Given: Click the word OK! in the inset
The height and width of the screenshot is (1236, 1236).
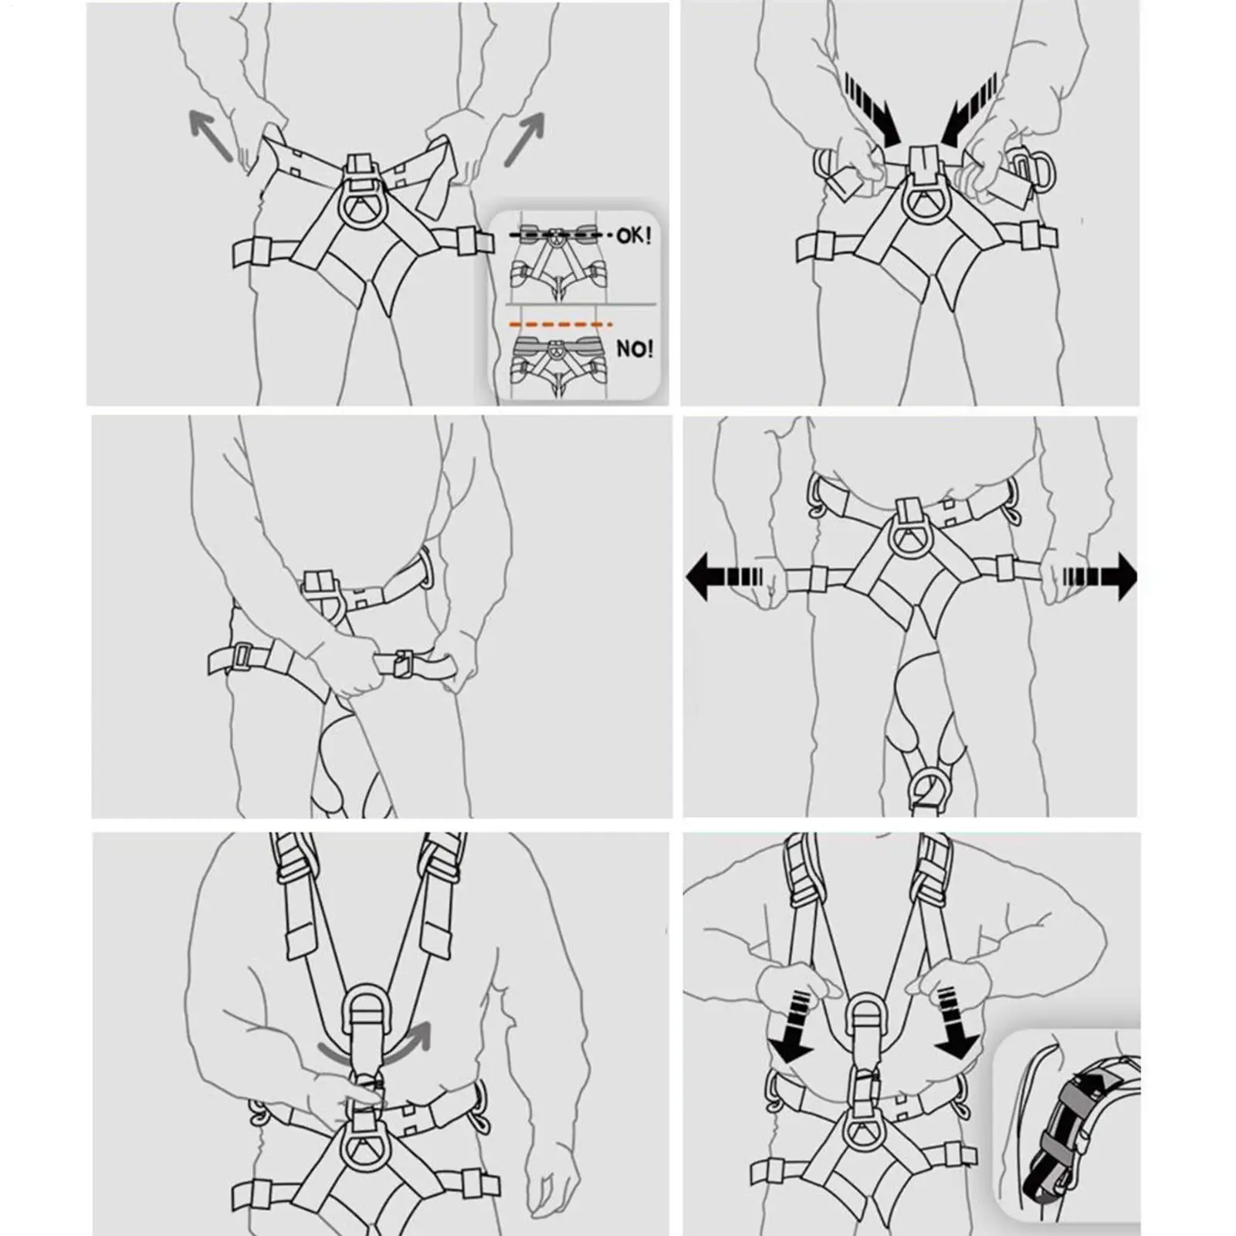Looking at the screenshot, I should [633, 235].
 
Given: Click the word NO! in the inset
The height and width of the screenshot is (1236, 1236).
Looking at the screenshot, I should [635, 349].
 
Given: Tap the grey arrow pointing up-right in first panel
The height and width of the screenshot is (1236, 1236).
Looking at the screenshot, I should [525, 138].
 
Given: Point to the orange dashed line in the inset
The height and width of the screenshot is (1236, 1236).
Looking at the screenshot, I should [560, 324].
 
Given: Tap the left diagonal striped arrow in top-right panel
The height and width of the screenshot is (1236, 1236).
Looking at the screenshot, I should [873, 109].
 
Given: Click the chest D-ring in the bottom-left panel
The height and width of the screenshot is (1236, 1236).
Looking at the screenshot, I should [361, 1012].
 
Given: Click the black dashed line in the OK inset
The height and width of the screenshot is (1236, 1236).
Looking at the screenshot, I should [560, 234].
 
